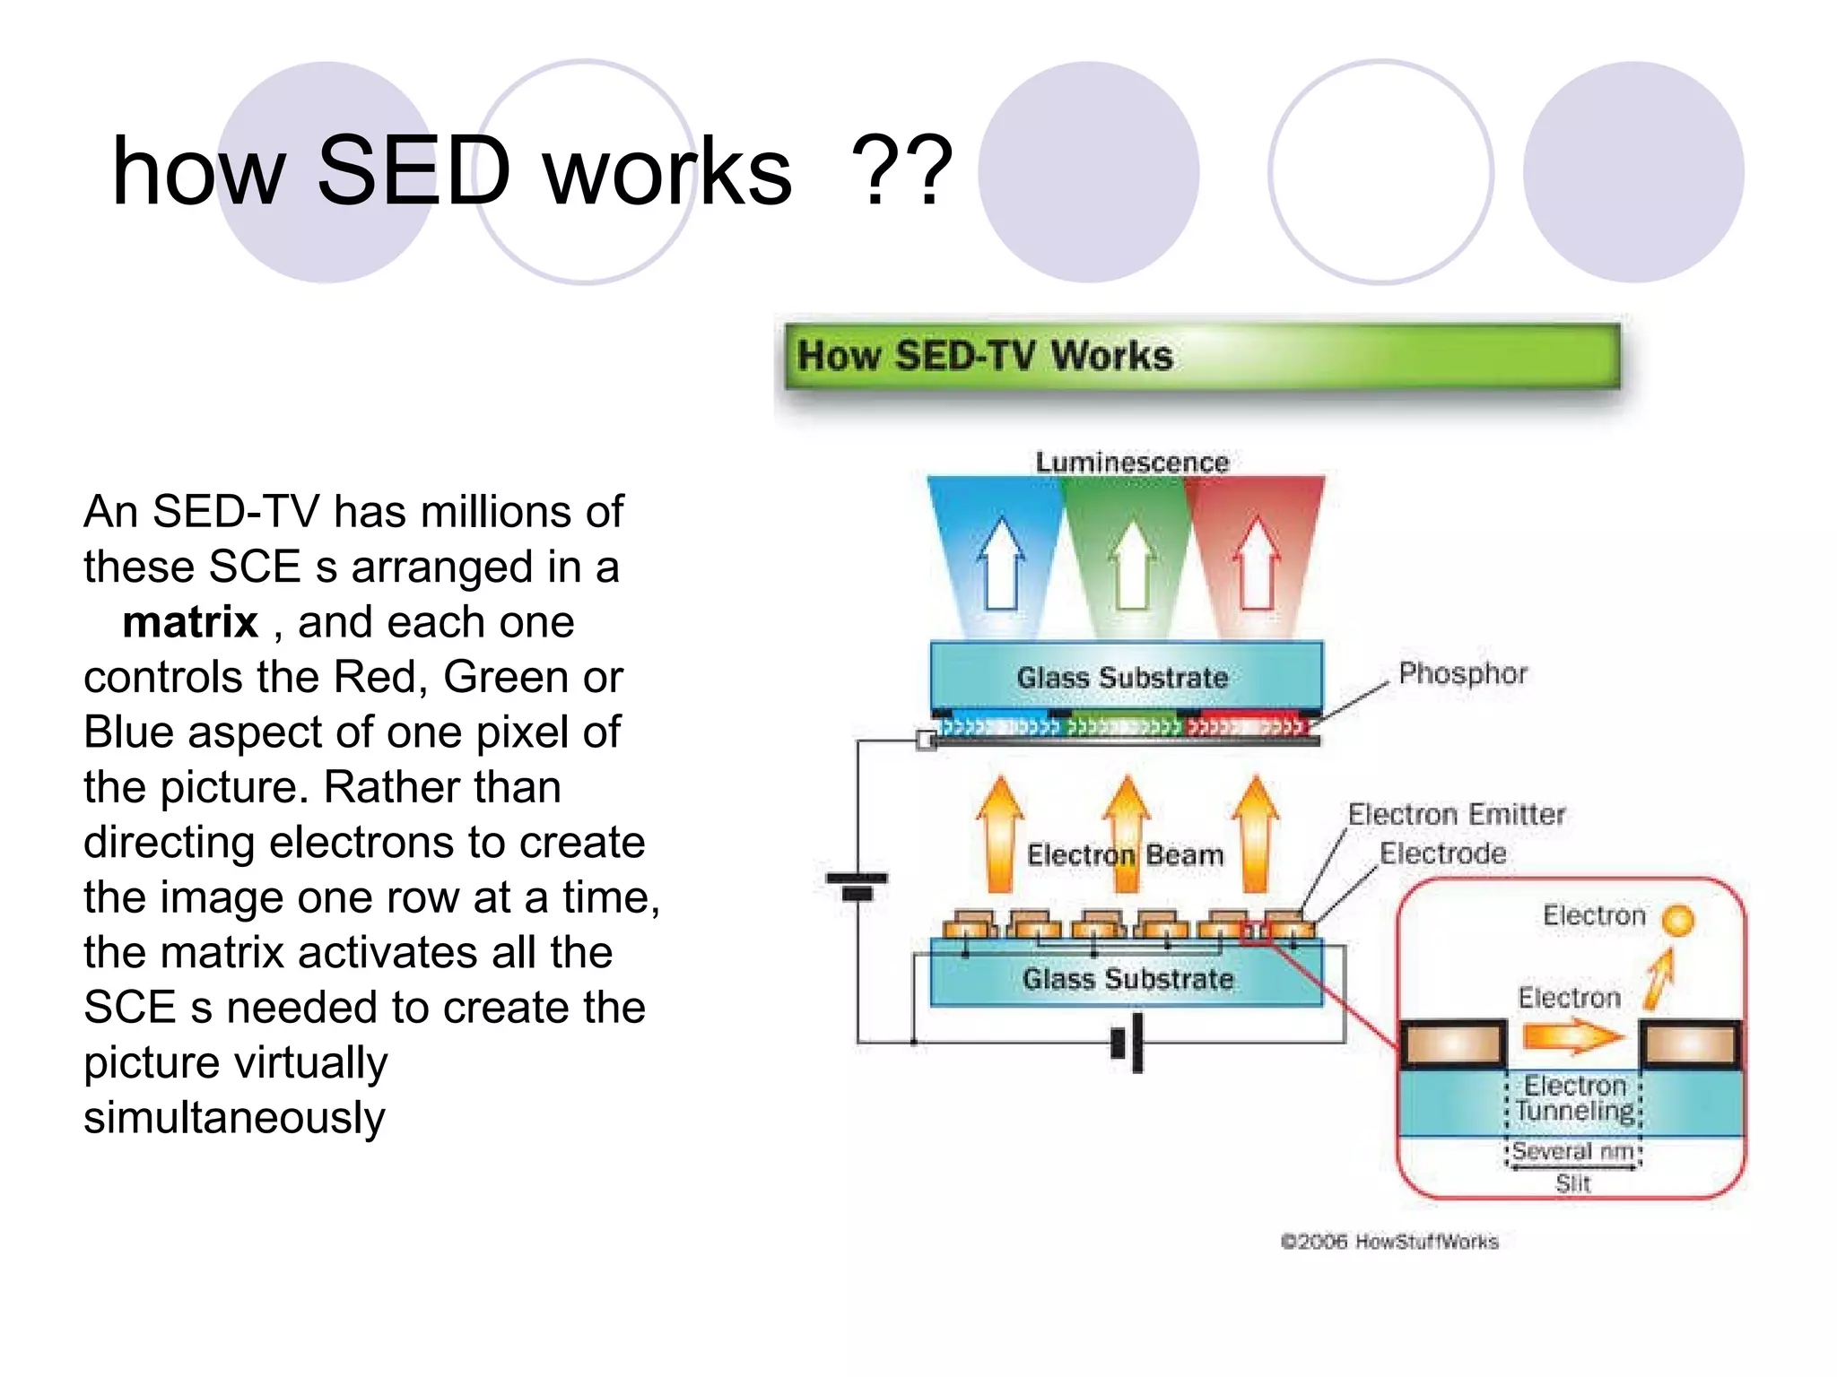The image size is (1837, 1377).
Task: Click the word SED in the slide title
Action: pos(414,170)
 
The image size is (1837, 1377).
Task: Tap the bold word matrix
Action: pos(190,622)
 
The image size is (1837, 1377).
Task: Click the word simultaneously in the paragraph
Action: pos(234,1118)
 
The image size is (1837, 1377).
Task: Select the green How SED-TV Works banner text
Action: pos(985,356)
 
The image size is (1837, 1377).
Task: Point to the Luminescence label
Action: pos(1132,463)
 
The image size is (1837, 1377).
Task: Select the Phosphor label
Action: pos(1462,673)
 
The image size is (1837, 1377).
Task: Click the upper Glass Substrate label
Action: pos(1122,678)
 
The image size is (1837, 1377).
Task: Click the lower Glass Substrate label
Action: pos(1127,979)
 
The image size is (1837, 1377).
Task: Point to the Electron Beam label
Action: pos(1125,855)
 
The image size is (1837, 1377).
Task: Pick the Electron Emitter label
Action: pos(1456,814)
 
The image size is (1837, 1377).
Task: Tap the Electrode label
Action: pos(1442,853)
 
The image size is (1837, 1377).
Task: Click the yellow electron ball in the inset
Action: pos(1676,920)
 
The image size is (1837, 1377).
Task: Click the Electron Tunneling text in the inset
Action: pos(1575,1098)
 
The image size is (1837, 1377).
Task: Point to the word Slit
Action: pos(1572,1183)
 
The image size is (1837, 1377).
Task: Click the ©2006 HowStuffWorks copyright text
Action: pos(1389,1242)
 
